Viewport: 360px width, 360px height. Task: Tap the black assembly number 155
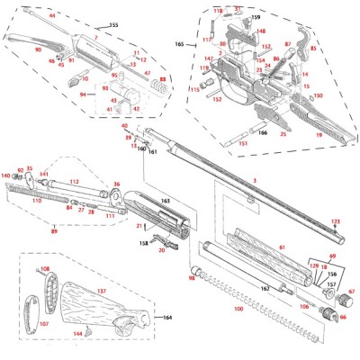[113, 24]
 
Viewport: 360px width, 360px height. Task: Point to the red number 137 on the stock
[102, 291]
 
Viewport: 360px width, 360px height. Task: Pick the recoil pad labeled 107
[39, 302]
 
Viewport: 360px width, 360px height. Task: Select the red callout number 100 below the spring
[238, 309]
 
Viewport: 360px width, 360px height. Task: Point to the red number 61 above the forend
[281, 247]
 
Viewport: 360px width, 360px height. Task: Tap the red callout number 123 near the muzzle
[336, 221]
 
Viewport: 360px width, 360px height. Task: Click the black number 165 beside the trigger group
[178, 44]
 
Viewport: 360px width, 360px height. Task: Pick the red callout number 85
[313, 35]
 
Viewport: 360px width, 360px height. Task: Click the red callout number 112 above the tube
[75, 182]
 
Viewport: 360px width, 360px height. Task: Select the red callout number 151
[243, 143]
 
